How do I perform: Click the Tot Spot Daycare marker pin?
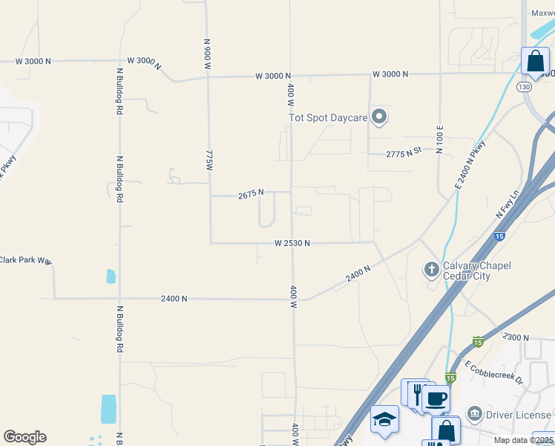coord(379,117)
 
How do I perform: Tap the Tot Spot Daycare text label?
coord(327,117)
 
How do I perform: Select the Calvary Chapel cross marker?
coord(431,269)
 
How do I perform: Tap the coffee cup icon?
coord(436,398)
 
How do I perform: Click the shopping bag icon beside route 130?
coord(535,62)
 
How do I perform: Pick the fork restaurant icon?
coord(417,392)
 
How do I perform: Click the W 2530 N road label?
coord(292,243)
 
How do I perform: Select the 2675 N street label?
coord(251,195)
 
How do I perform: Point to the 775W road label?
coord(208,159)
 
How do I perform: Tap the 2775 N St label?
coord(404,152)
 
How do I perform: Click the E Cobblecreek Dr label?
coord(494,371)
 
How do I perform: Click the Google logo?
coord(24,437)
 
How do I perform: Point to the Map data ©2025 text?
coord(523,440)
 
